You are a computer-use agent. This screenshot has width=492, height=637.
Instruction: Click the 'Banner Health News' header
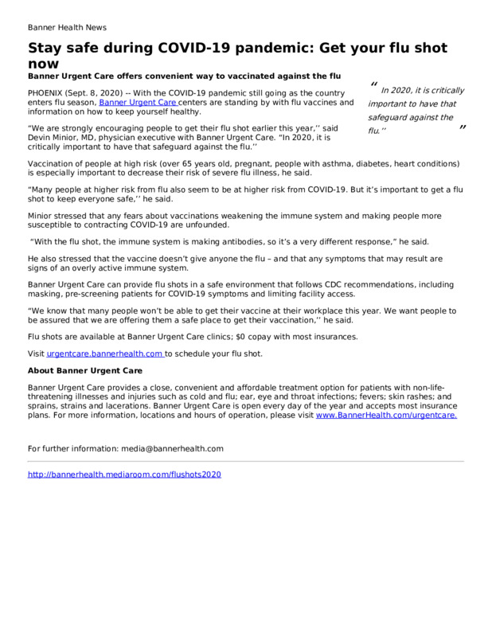click(x=67, y=27)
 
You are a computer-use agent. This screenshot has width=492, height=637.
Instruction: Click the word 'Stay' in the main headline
click(x=50, y=48)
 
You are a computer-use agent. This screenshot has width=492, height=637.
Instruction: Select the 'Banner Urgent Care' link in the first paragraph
click(x=138, y=103)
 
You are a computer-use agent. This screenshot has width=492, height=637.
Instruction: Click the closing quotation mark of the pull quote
click(x=462, y=129)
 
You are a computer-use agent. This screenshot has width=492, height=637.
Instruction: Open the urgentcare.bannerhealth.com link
click(x=105, y=354)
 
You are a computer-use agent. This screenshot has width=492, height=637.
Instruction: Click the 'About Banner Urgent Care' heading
click(x=85, y=371)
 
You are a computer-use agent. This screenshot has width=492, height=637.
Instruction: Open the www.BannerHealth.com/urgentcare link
click(x=386, y=415)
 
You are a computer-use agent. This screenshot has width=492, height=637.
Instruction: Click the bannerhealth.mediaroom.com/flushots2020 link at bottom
click(x=124, y=475)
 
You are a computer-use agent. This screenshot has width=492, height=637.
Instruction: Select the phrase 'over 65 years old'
click(x=186, y=163)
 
